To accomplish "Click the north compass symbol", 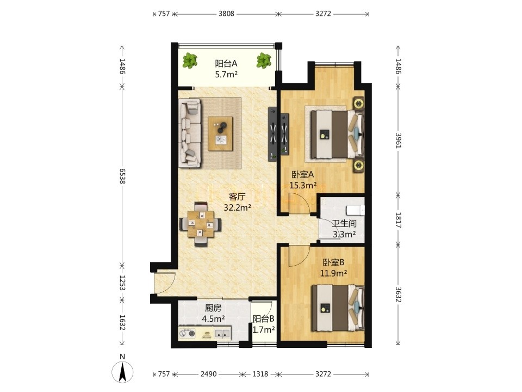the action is (122, 371).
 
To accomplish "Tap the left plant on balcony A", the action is (190, 60).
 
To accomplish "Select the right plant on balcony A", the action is (263, 60).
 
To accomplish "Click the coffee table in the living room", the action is (220, 134).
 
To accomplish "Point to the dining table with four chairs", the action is (200, 224).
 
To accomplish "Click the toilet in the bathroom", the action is (356, 211).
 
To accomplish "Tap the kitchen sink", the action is (223, 333).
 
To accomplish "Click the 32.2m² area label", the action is (237, 208).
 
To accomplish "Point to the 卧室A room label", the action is (303, 174).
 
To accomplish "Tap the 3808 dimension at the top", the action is (226, 14).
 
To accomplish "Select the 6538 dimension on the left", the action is (122, 176).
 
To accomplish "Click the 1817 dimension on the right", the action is (398, 220).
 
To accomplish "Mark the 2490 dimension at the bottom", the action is (208, 374).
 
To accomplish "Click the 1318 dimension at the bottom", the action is (260, 374).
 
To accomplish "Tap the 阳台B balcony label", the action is (263, 319).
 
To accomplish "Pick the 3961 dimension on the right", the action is (398, 140).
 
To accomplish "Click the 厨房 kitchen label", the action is (213, 308).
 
